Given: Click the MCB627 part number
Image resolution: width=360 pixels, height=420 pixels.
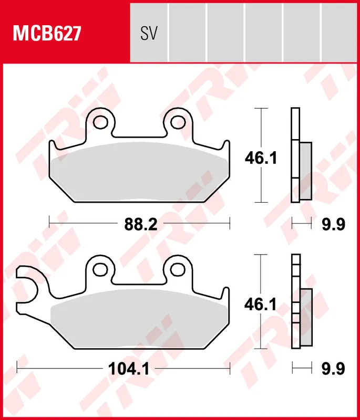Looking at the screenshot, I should pyautogui.click(x=47, y=34).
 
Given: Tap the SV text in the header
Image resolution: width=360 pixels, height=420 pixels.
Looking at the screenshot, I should pyautogui.click(x=149, y=34).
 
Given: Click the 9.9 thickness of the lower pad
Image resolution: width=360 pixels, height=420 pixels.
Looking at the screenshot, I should pyautogui.click(x=333, y=369).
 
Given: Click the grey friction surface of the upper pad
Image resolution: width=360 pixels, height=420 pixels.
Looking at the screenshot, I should pyautogui.click(x=140, y=171).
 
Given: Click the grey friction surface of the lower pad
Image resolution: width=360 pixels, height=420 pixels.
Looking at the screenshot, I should pyautogui.click(x=140, y=318).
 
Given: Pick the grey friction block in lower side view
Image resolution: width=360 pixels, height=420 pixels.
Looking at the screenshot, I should pyautogui.click(x=306, y=317).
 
